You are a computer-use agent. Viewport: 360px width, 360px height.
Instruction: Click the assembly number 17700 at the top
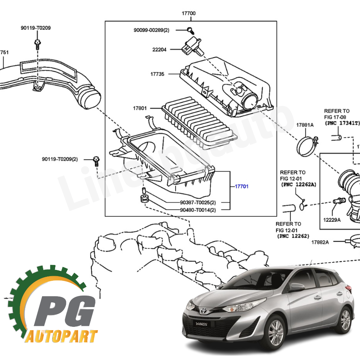188,13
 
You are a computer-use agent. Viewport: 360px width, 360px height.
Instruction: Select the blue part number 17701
242,186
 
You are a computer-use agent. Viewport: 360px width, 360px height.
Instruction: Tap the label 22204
159,50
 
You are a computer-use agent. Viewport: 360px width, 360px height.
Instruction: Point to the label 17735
157,74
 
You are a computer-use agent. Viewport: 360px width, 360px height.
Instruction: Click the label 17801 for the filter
140,108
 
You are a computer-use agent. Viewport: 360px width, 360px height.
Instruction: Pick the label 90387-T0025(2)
198,202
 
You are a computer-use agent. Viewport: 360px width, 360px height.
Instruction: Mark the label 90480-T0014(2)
198,210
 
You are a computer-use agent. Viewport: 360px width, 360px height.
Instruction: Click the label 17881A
305,125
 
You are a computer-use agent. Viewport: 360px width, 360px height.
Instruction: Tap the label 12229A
332,220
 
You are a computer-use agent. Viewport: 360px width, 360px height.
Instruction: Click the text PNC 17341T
342,123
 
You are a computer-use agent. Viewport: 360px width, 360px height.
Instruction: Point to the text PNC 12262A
298,184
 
